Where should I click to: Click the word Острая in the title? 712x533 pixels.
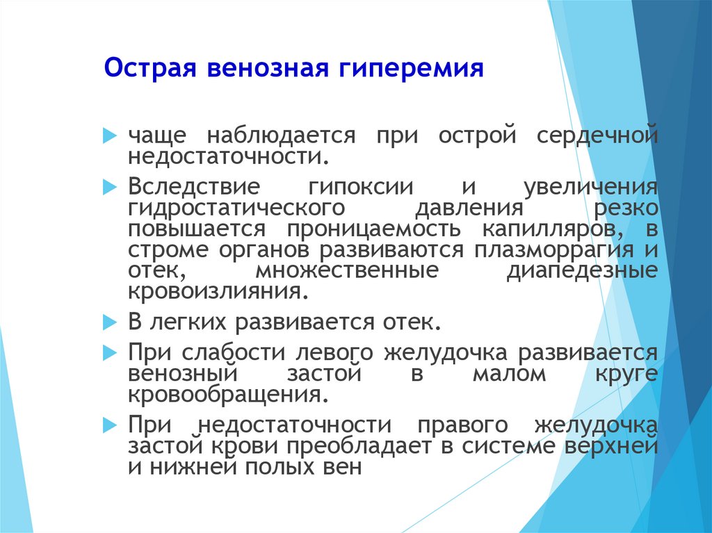(x=150, y=69)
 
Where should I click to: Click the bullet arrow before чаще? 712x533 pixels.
(x=110, y=136)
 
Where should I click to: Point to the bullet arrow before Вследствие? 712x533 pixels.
(x=110, y=187)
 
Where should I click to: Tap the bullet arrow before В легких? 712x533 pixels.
(x=110, y=322)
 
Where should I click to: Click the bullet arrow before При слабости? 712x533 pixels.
(x=110, y=353)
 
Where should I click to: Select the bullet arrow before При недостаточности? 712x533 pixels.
(x=110, y=425)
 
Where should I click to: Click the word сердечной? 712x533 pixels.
(x=597, y=136)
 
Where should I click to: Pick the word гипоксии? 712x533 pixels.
(x=361, y=187)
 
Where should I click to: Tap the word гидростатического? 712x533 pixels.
(x=236, y=208)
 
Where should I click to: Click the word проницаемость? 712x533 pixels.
(x=373, y=229)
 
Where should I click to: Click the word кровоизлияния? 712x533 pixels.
(x=215, y=291)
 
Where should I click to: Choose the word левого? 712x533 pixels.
(x=334, y=353)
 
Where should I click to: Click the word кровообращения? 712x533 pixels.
(x=228, y=395)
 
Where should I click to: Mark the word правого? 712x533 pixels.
(x=462, y=425)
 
